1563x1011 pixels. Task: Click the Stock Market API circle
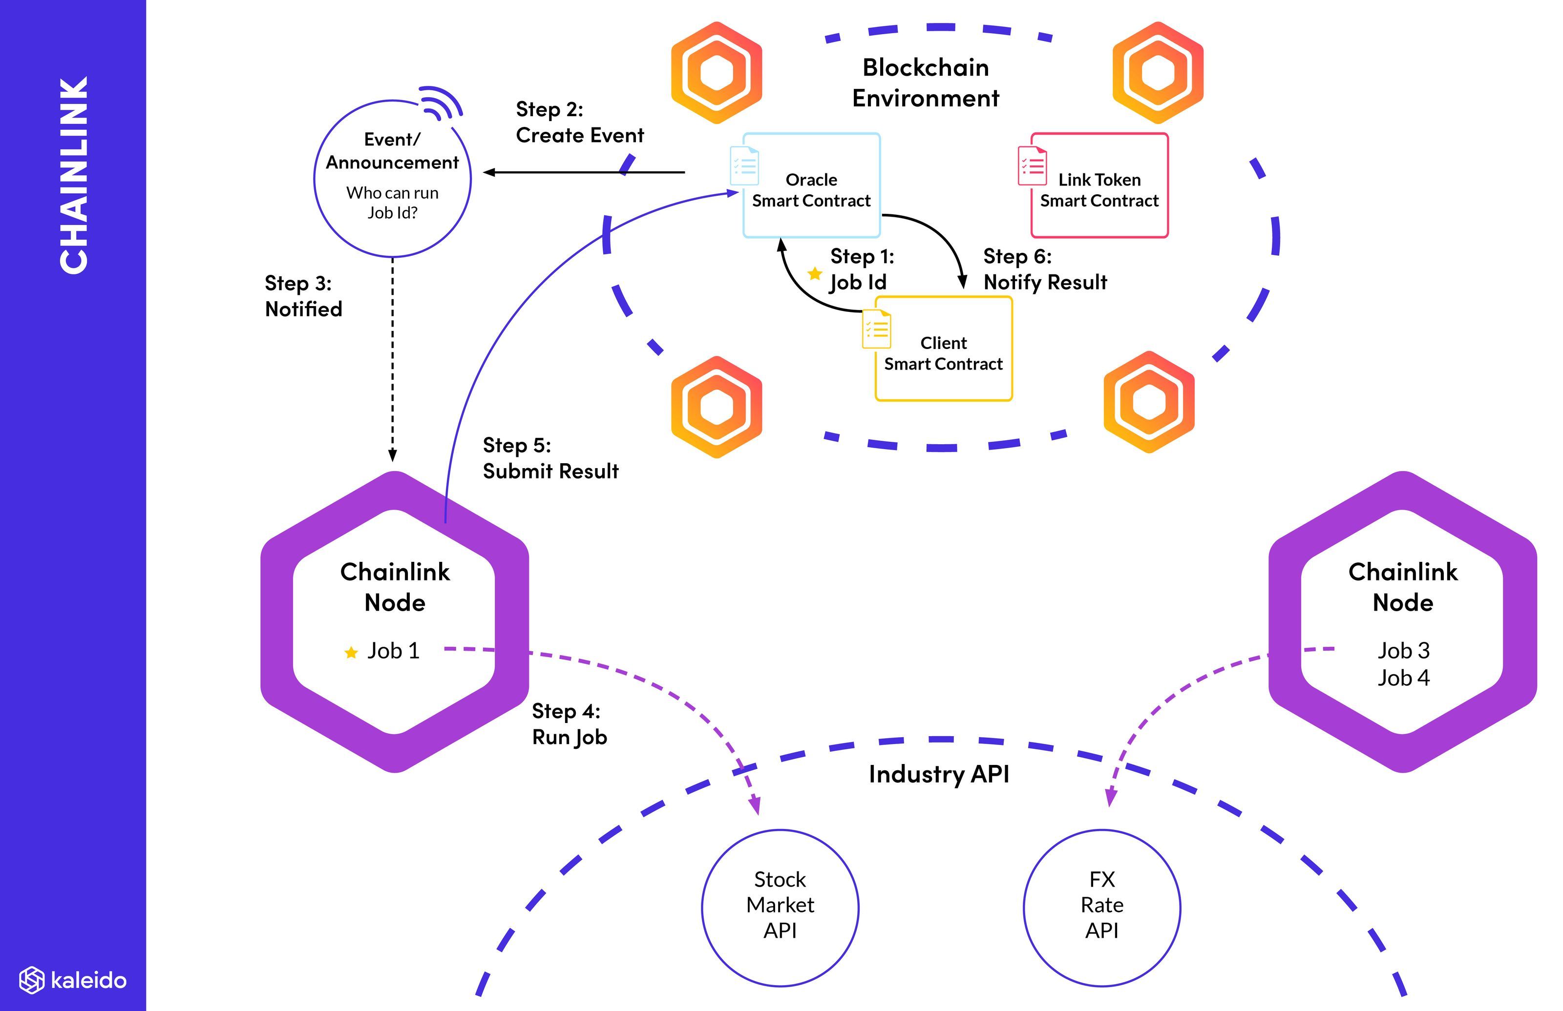780,908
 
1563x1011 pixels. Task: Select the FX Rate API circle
1101,908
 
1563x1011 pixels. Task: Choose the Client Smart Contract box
943,349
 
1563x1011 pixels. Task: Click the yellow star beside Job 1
351,652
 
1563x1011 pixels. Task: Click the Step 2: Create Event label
579,122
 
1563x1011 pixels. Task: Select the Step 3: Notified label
303,296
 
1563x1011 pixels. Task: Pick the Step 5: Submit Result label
550,458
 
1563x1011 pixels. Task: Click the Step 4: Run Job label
569,724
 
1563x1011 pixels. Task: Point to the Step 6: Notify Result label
1044,269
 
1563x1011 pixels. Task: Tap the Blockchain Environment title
925,83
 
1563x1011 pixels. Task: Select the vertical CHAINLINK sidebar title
74,175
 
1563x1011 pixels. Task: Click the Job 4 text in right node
1403,678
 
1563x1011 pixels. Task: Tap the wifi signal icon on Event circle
442,103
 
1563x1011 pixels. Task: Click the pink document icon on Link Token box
1032,165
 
